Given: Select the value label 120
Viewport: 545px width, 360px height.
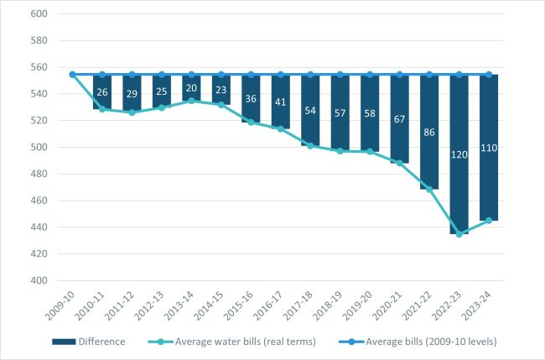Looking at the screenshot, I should pos(459,155).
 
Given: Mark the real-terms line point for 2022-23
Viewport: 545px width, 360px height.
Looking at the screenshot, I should pos(459,234).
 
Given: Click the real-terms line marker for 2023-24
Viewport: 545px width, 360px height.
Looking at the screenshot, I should pos(489,221).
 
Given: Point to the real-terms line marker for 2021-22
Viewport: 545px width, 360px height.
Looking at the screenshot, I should pos(429,190).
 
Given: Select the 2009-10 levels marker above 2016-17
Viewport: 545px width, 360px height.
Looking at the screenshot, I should pos(281,75).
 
